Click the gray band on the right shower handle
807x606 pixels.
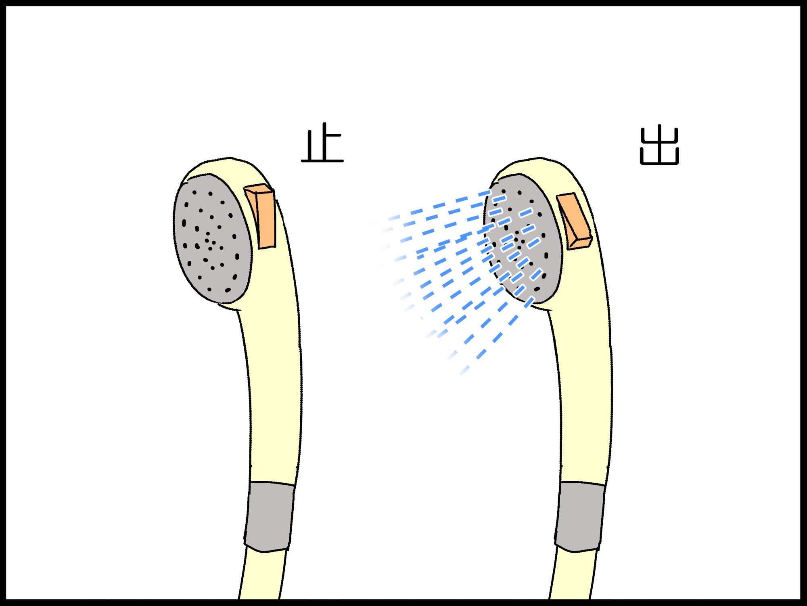(580, 516)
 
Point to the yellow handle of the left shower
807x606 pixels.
(274, 396)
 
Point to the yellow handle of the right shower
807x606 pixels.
(585, 396)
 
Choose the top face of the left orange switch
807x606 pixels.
(258, 189)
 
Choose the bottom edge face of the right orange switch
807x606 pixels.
(580, 244)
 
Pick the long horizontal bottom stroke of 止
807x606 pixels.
(322, 161)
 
